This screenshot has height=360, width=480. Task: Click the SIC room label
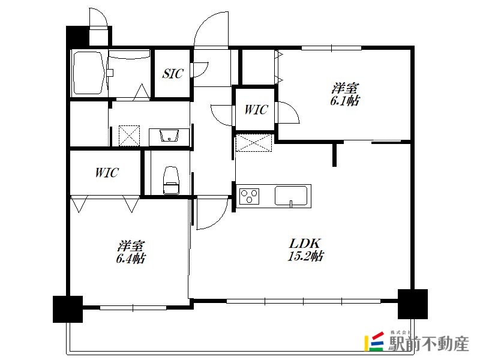coord(173,73)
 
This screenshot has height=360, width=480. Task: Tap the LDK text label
coord(305,244)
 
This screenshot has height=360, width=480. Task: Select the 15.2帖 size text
coord(305,256)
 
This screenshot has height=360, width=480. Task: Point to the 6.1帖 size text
coord(345,101)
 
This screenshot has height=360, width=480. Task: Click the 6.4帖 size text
coord(131,259)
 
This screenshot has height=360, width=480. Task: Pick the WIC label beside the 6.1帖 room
coord(256,110)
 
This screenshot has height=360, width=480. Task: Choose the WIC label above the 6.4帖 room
coord(107,173)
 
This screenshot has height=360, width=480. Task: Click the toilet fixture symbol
coord(171,181)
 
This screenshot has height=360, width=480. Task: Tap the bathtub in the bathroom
coord(88,73)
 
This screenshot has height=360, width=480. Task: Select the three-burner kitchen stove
coord(250,196)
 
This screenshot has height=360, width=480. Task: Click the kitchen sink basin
coord(291,196)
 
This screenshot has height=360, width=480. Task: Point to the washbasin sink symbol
coord(169,136)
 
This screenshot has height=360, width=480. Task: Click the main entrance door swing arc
coord(211,29)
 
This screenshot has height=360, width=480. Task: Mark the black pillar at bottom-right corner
coord(412,304)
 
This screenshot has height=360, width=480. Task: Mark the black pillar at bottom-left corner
coord(68,309)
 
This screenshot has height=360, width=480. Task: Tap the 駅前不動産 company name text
coord(428,343)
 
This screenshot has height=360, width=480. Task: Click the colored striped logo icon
coord(374,341)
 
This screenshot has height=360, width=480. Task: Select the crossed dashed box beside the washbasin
coord(129,136)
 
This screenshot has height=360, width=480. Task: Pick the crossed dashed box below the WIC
coord(253,143)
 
